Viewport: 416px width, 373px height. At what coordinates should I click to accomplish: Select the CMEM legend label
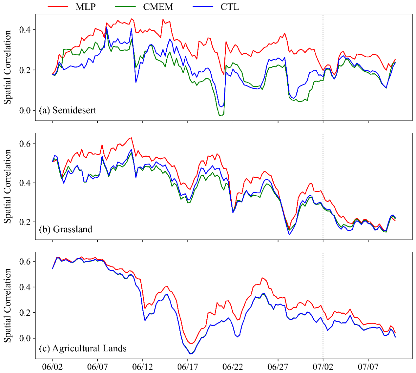tap(158, 7)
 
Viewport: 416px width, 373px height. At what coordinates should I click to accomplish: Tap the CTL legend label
tap(230, 7)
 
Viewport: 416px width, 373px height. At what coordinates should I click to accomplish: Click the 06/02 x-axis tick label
tap(52, 367)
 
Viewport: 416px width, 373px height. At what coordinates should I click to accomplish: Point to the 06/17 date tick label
tap(187, 367)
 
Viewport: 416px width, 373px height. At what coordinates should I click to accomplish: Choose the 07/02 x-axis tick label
tap(323, 367)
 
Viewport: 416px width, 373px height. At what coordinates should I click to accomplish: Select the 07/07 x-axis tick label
tap(368, 367)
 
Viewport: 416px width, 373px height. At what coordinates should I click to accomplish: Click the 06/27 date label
tap(278, 367)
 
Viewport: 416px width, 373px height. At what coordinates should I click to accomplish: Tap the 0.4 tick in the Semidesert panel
tap(25, 30)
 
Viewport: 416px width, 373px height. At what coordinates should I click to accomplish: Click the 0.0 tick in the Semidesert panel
tap(25, 111)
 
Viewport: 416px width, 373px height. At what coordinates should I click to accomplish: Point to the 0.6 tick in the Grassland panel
tap(25, 144)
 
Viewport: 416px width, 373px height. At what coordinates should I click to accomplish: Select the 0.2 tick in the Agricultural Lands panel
tap(25, 313)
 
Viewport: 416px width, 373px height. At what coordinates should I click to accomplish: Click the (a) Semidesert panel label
tap(68, 110)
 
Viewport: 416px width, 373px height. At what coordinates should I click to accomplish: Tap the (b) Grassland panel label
tap(65, 229)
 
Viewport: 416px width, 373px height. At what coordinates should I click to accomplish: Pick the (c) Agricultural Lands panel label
tap(83, 348)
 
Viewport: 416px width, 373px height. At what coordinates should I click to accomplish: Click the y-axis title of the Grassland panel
tap(8, 186)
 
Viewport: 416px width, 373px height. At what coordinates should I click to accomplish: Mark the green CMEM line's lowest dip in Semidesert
tap(220, 116)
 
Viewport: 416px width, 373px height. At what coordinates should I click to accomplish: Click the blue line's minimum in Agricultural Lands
tap(191, 354)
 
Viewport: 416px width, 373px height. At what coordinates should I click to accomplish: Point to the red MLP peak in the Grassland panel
tap(131, 138)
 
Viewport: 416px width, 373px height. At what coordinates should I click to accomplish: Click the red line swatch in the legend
tap(58, 7)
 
